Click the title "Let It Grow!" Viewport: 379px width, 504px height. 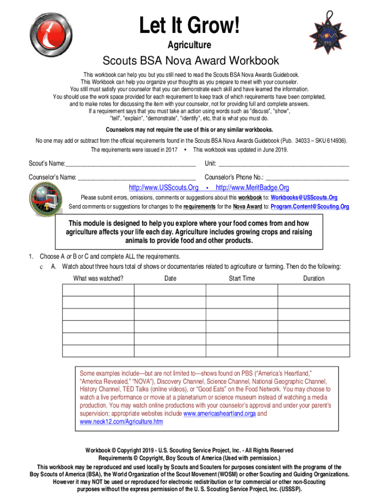[190, 25]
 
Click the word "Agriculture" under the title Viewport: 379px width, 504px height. [189, 45]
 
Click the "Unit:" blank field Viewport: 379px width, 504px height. [284, 164]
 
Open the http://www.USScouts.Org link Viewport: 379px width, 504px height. [163, 188]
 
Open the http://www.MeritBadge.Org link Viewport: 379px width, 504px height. [253, 188]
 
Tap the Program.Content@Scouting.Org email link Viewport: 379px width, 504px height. [310, 207]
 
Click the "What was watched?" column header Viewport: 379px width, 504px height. [98, 279]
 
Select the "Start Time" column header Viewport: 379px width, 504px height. [242, 279]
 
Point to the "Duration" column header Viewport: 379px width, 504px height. [314, 279]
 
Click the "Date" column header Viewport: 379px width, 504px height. [170, 279]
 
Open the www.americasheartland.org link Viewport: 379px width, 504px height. [219, 414]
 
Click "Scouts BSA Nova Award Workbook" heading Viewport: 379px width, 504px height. [190, 61]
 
